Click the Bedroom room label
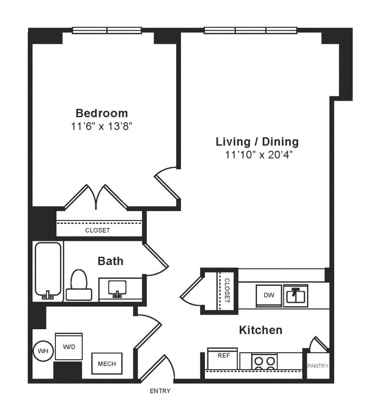tap(102, 113)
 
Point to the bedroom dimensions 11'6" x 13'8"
tap(101, 126)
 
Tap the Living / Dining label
tap(257, 142)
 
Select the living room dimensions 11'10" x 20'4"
tap(258, 155)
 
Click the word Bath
tap(110, 261)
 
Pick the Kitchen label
tap(261, 330)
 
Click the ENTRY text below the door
tap(160, 391)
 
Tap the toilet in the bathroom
tap(79, 285)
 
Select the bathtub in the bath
tap(48, 271)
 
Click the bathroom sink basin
tap(117, 288)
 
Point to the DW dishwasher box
tap(269, 296)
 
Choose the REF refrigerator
tap(222, 359)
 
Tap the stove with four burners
tap(265, 362)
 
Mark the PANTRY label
tap(318, 366)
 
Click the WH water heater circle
tap(43, 351)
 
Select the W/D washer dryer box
tap(69, 347)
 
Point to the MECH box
tap(107, 364)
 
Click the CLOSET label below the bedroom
tap(97, 230)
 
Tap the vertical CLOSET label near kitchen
tap(227, 291)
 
